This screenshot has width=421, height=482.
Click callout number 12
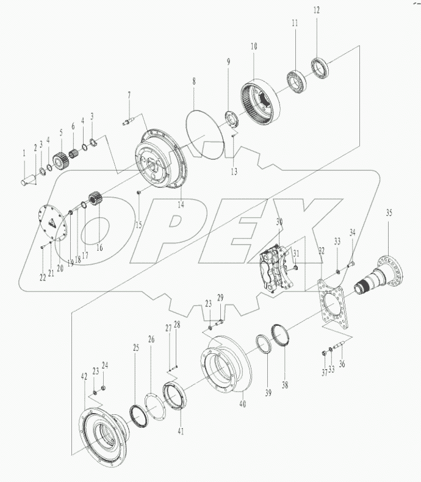pos(316,10)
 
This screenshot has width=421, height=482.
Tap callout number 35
pos(389,213)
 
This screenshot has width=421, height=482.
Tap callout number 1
pos(25,155)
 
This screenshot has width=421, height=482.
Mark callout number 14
pos(181,205)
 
